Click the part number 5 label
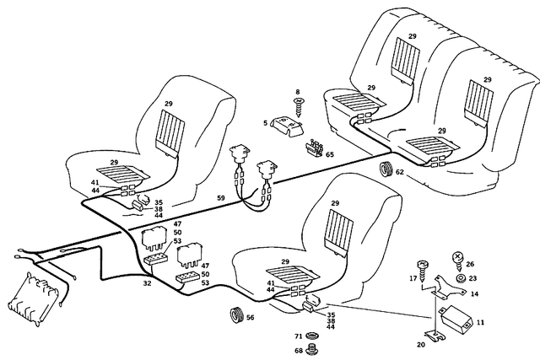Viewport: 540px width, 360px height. [265, 123]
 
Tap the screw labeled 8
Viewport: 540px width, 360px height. [298, 108]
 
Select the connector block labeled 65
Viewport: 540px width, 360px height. [314, 148]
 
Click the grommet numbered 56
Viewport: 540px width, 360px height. [236, 315]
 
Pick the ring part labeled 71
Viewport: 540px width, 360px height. [312, 336]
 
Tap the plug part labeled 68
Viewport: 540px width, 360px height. [312, 349]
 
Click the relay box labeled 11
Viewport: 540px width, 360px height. [455, 318]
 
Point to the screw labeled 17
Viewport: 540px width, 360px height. [424, 271]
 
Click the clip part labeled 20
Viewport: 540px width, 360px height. [435, 336]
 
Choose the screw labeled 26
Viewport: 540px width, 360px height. [458, 261]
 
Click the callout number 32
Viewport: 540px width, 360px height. [147, 283]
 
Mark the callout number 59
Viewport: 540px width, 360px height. [221, 198]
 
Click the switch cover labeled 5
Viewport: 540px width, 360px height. [287, 126]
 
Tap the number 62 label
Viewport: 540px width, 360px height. [399, 172]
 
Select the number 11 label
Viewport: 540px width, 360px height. [481, 323]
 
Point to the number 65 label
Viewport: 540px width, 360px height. [330, 154]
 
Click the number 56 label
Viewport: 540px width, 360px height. [251, 317]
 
